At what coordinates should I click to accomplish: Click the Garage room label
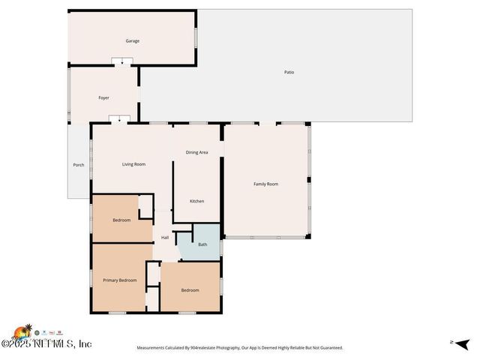pos(132,41)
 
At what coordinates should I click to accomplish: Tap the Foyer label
pos(104,98)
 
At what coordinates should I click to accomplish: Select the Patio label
pos(289,72)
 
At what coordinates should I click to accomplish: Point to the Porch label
pos(79,165)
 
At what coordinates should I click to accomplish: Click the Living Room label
pos(134,163)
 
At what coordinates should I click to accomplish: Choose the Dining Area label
pos(196,152)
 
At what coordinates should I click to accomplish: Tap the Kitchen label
pos(196,201)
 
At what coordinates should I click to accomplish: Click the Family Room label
pos(265,184)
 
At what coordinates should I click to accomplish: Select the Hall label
pos(165,238)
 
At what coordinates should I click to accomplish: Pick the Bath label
pos(202,244)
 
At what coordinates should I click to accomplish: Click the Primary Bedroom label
pos(120,280)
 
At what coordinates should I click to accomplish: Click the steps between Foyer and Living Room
pos(119,118)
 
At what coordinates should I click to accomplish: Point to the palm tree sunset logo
pos(22,331)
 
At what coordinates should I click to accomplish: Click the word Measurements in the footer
pos(151,348)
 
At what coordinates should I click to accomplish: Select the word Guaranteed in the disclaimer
pos(328,348)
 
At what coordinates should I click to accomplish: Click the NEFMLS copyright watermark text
pos(46,344)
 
